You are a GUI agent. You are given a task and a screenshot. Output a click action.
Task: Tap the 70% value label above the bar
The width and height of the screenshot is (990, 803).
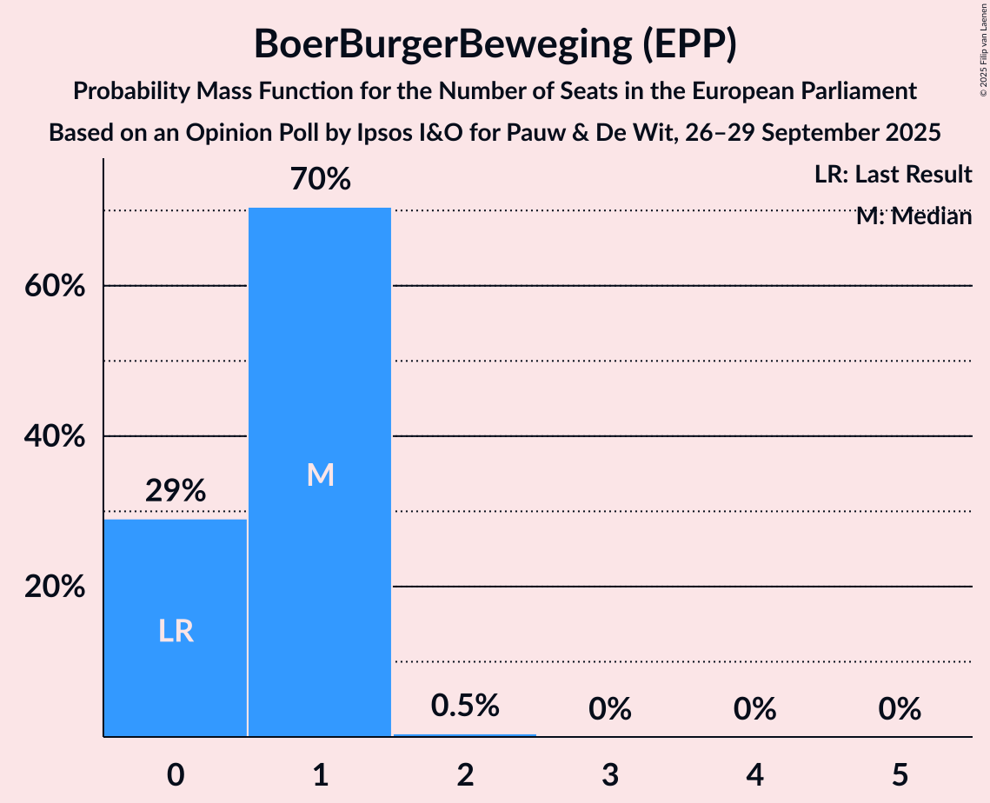coord(321,180)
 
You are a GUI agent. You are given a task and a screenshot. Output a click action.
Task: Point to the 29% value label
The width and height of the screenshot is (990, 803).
coord(176,491)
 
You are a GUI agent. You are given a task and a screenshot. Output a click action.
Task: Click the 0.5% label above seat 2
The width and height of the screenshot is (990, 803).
coord(465,706)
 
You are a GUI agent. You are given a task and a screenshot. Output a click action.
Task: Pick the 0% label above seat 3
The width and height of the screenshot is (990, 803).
coord(609,709)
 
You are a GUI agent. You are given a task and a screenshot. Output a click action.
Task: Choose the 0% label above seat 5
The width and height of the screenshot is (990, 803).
coord(899,709)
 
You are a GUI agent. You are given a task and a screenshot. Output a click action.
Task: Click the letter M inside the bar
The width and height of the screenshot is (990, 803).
coord(320,474)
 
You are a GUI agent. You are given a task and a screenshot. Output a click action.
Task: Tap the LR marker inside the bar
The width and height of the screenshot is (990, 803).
coord(176,631)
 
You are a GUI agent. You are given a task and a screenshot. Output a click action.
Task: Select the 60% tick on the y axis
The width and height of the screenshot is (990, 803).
coord(54,286)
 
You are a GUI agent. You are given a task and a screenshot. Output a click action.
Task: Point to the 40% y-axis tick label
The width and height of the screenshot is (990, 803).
coord(54,436)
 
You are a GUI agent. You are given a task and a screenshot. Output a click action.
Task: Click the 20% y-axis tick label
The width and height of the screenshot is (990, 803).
coord(54,587)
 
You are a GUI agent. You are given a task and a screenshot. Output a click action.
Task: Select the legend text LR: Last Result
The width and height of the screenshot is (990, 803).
coord(893,175)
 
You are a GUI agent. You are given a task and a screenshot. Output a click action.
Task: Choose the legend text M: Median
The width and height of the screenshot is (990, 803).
coord(913,216)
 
